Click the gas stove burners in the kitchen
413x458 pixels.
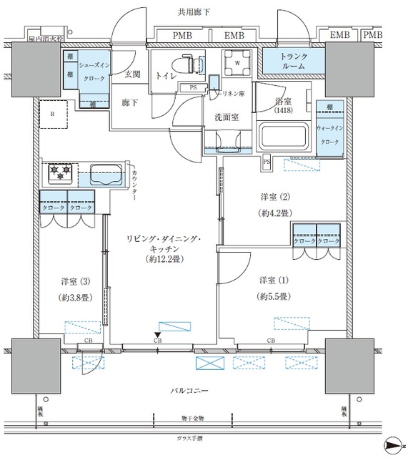point(61,172)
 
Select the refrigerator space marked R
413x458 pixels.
point(54,113)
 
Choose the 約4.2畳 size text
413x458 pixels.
point(273,213)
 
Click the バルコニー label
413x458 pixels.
point(189,391)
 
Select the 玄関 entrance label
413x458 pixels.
point(132,74)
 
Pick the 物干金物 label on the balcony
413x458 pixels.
point(193,417)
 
